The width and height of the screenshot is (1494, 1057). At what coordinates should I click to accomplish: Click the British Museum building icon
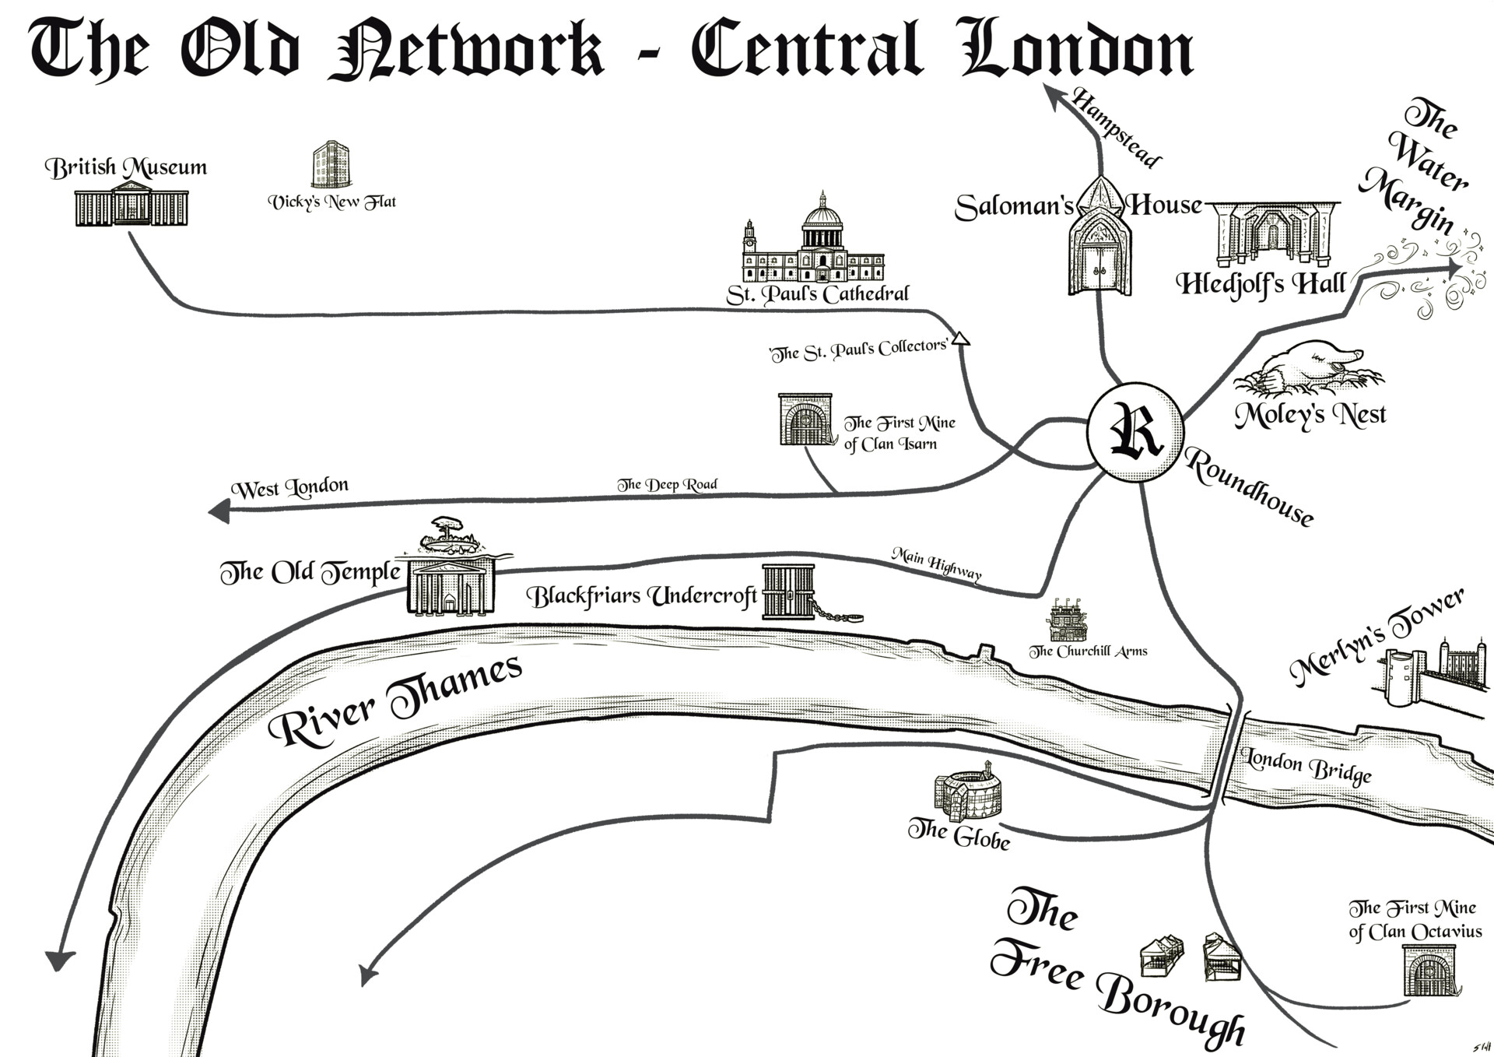pos(132,205)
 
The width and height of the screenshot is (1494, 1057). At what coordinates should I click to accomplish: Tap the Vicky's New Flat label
pos(332,202)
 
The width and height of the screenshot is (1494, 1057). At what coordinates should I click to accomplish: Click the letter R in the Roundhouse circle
pos(1135,431)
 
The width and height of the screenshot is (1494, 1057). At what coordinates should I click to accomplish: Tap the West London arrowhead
pos(219,511)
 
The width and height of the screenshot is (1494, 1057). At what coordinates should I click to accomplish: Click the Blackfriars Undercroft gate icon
pos(788,592)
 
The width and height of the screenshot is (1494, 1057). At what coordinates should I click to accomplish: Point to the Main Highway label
pos(936,564)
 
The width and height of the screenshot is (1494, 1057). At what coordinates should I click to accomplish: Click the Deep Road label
pos(667,485)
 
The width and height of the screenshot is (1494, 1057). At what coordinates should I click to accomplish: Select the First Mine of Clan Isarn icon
pos(805,420)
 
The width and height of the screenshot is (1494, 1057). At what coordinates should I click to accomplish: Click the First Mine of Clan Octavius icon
pos(1429,971)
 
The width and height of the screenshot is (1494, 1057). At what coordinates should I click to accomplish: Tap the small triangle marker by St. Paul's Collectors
pos(961,338)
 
